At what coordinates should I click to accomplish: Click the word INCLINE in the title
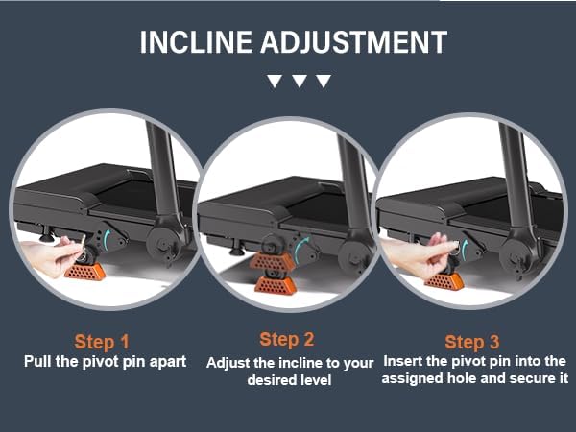coord(196,43)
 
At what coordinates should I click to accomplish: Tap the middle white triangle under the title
coord(299,82)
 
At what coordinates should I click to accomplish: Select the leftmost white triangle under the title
coord(276,82)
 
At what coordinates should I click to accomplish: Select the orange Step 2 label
coord(286,339)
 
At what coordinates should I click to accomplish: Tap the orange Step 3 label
coord(471,342)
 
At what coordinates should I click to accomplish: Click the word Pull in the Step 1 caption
coord(38,362)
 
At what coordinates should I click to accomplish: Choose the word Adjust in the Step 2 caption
coord(228,362)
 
